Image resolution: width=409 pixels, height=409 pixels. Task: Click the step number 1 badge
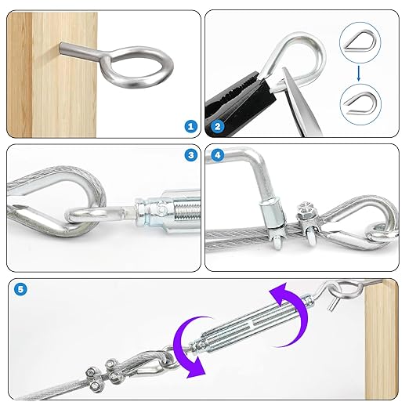(x=189, y=125)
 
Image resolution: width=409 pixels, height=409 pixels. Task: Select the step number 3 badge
(x=190, y=155)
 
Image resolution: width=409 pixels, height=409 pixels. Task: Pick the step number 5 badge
(x=21, y=289)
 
